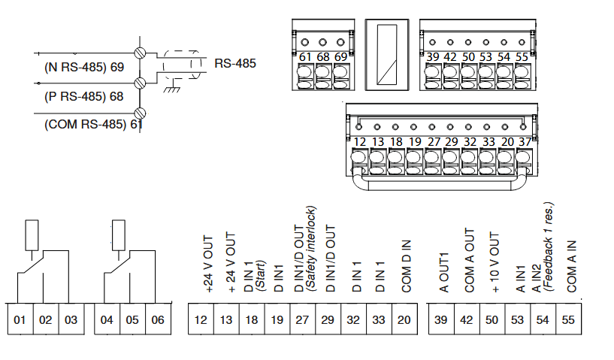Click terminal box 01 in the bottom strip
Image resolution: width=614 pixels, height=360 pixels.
coord(20,320)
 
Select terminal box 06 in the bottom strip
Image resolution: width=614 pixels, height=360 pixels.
coord(158,320)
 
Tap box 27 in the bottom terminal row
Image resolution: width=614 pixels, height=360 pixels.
coord(302,320)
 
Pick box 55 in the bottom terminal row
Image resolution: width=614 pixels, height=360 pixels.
coord(568,320)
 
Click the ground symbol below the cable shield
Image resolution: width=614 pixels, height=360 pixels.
coord(171,89)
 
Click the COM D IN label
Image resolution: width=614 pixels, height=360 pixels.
coord(406,266)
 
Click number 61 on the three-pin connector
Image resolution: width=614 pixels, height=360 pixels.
coord(305,57)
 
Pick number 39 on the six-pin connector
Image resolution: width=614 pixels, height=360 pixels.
coord(433,57)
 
